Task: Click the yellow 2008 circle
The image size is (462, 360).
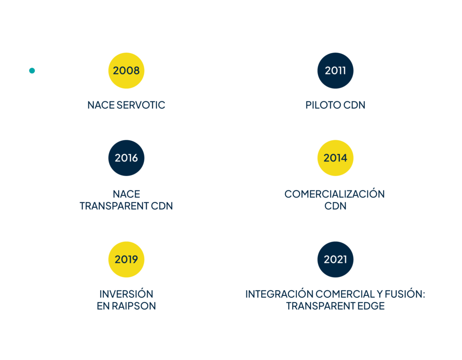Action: point(126,70)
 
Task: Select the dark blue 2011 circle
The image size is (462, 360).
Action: point(335,70)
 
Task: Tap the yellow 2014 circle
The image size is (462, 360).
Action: point(335,158)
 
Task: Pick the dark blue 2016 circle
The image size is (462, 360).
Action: point(126,158)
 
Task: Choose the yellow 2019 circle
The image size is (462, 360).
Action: point(126,259)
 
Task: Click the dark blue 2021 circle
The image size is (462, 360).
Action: point(335,259)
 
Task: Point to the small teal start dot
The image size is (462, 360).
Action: point(32,70)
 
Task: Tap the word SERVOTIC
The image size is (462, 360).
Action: point(141,106)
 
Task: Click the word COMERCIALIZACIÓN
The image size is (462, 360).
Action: point(334,194)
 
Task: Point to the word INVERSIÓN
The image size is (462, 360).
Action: point(126,294)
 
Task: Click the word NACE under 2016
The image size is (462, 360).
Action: point(126,194)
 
